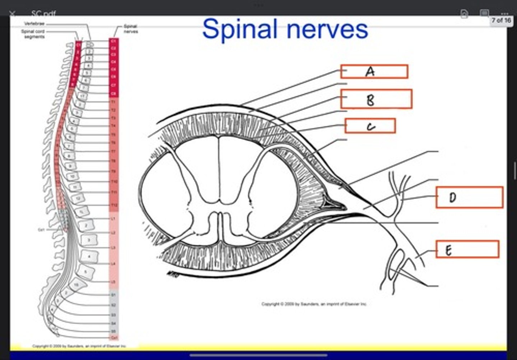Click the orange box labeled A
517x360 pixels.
pos(374,71)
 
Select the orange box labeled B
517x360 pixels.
pos(376,99)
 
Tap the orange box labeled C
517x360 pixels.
pos(370,126)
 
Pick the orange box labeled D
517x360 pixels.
pos(469,197)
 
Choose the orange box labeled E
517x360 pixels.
pos(467,249)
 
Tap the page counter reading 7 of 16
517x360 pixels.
pos(501,20)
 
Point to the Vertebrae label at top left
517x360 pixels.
pos(34,24)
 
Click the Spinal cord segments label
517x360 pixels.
pos(33,34)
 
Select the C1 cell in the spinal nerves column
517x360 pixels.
pos(114,41)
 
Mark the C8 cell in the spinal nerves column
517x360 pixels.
pos(114,94)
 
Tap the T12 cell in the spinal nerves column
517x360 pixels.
pos(114,205)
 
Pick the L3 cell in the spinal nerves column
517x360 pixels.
pos(114,248)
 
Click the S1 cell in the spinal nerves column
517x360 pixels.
pos(114,295)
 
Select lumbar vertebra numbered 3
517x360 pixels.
pos(89,240)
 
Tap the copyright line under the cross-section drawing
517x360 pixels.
pos(314,304)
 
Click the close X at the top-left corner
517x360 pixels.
pos(12,14)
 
